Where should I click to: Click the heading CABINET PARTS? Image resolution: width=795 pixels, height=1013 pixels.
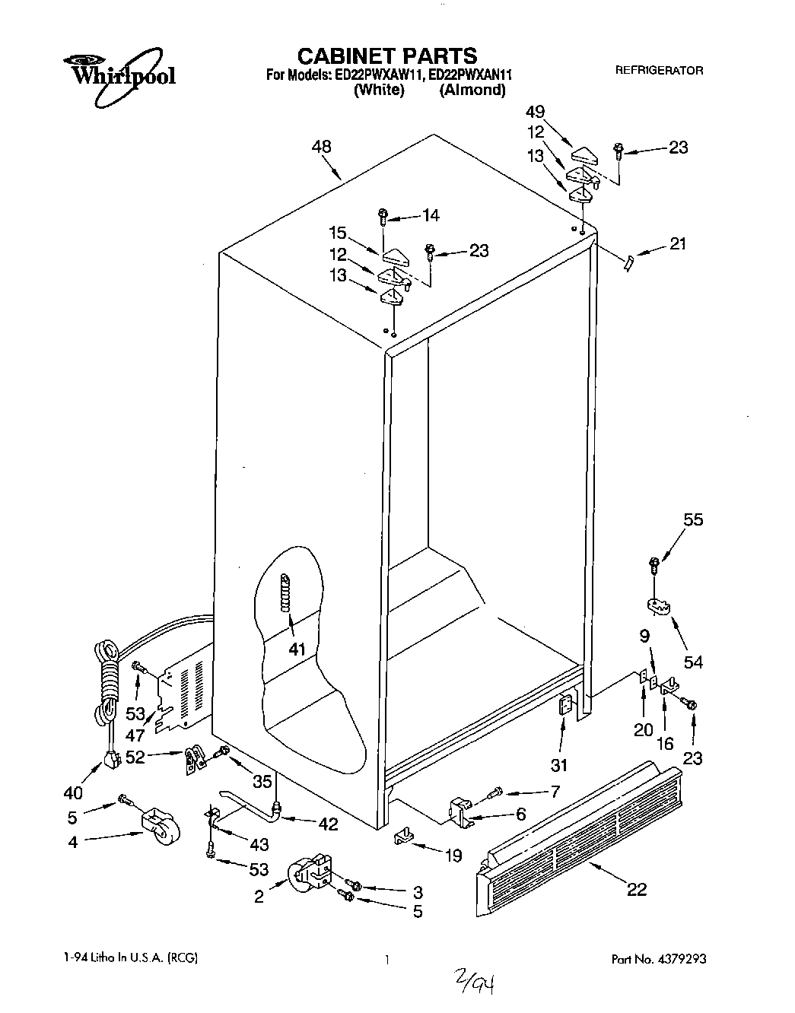[386, 56]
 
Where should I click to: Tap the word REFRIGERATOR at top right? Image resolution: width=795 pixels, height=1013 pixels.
[659, 70]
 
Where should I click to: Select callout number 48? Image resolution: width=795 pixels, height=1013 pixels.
[322, 147]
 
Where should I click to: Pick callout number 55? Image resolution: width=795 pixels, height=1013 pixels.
[693, 520]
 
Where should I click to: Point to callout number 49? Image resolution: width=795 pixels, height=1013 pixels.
[536, 113]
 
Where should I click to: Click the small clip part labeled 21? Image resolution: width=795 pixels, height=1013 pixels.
[628, 262]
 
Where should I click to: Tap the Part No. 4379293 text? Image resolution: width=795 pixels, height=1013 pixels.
[659, 960]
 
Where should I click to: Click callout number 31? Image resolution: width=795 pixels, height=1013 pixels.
[563, 765]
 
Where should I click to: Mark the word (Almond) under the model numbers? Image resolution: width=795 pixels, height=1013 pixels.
[472, 90]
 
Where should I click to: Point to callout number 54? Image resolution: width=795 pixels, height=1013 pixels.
[692, 662]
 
